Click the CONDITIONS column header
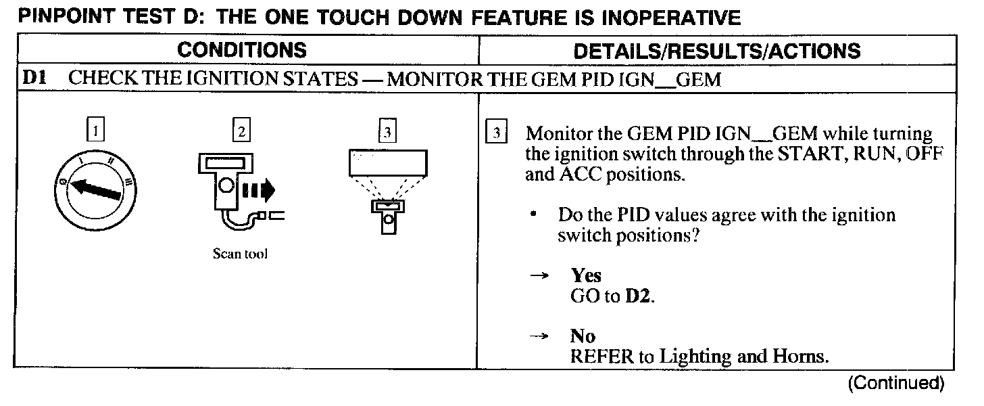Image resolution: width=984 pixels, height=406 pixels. pyautogui.click(x=241, y=51)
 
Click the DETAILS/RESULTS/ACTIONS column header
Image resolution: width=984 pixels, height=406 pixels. pyautogui.click(x=716, y=51)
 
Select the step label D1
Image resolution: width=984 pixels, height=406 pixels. pyautogui.click(x=34, y=80)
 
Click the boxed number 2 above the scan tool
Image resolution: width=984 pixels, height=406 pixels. pyautogui.click(x=240, y=129)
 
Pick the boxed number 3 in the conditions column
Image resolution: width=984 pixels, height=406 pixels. pyautogui.click(x=387, y=131)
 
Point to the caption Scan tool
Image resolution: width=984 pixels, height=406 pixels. pyautogui.click(x=240, y=255)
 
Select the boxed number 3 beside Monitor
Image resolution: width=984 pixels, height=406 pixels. pyautogui.click(x=496, y=133)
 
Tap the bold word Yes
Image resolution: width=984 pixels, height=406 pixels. pyautogui.click(x=586, y=275)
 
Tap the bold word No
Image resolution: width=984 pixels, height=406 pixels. pyautogui.click(x=583, y=337)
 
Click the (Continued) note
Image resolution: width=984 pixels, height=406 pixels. pyautogui.click(x=896, y=383)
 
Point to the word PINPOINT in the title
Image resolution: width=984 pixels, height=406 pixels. pyautogui.click(x=61, y=17)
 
